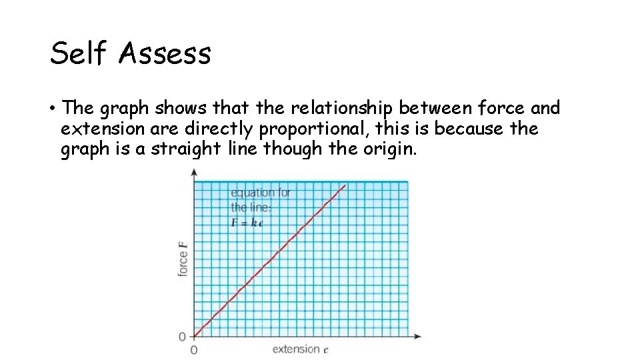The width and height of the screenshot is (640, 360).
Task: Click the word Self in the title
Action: click(x=79, y=53)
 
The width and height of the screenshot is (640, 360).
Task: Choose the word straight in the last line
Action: click(x=186, y=148)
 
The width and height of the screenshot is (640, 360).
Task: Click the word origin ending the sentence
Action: click(x=389, y=149)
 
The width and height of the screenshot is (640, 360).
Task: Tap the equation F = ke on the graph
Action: click(x=247, y=223)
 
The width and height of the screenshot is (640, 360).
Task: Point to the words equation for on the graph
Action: click(x=261, y=193)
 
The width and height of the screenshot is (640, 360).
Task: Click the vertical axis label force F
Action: click(x=183, y=261)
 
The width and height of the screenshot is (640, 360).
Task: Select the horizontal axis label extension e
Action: click(x=301, y=349)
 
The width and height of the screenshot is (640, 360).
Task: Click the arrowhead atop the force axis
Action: click(x=194, y=171)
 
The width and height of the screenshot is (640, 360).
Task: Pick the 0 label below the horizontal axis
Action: click(x=194, y=350)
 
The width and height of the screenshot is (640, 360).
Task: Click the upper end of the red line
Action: click(x=345, y=185)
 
